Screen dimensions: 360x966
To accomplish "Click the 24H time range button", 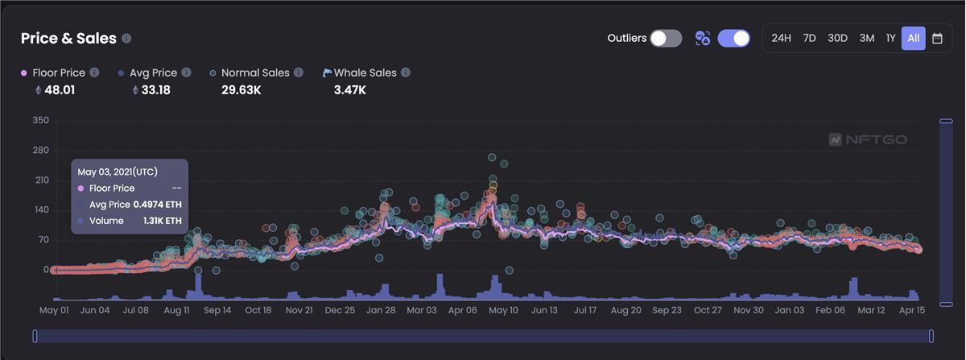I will click(781, 38).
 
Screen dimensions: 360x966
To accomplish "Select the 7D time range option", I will click(809, 38).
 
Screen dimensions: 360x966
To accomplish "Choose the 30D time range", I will click(837, 38).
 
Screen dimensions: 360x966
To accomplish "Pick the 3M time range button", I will click(866, 38).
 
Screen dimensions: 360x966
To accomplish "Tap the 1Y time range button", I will click(890, 38).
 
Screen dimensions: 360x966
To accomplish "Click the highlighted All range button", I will click(913, 38).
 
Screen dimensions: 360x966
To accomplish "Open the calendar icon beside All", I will click(937, 38).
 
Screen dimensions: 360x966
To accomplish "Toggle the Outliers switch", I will click(666, 38).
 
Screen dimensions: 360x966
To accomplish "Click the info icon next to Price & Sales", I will click(126, 38).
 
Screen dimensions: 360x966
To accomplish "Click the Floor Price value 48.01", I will click(60, 89).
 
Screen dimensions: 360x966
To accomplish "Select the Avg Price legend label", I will click(155, 72).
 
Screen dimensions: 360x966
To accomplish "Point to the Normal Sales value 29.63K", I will click(241, 89).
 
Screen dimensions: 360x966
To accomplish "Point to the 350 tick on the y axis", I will click(40, 121).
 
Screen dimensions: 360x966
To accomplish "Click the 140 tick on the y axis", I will click(40, 210).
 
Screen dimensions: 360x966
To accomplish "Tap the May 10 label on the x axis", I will click(503, 309).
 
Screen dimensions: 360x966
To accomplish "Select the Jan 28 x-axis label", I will click(380, 309).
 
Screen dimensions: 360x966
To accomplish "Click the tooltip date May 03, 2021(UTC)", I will click(118, 172).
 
